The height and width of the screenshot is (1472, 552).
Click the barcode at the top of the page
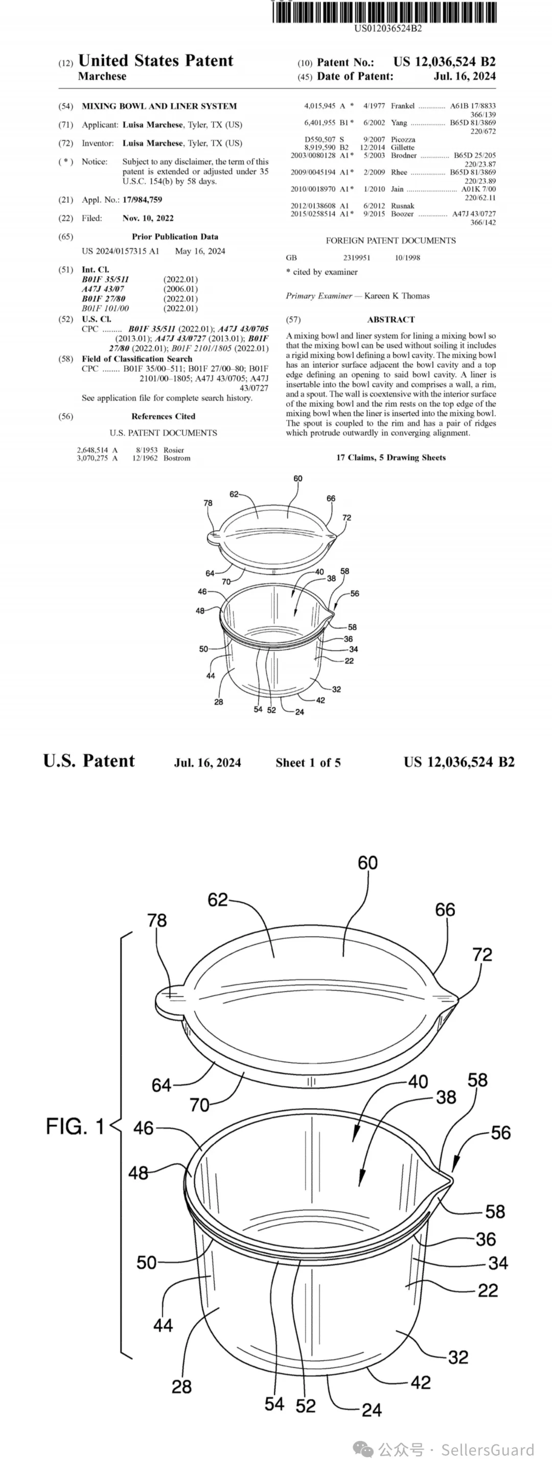[x=384, y=11]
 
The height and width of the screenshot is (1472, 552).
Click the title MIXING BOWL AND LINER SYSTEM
[x=159, y=106]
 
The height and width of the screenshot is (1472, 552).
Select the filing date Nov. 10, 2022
[x=148, y=218]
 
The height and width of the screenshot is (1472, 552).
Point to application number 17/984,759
[x=142, y=200]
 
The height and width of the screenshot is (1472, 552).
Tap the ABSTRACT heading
[x=391, y=319]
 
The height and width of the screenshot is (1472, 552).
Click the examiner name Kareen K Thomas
[x=397, y=296]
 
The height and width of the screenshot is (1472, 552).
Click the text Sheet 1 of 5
[x=308, y=762]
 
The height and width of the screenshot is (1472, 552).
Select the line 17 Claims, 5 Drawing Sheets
[x=391, y=458]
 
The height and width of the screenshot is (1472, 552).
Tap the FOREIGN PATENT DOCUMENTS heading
[x=391, y=241]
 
